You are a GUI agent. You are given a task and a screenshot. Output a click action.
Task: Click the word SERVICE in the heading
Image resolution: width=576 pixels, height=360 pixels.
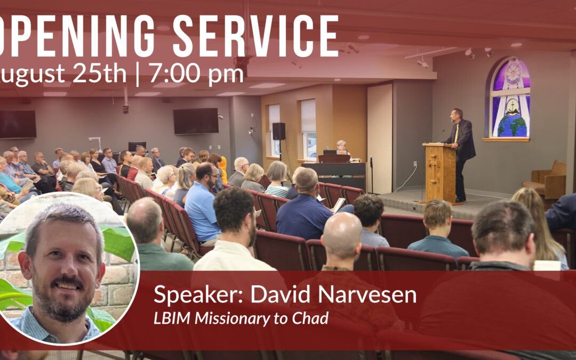[x=255, y=36]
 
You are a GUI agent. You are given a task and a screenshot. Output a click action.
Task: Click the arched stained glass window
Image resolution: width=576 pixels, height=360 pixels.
[x=510, y=98]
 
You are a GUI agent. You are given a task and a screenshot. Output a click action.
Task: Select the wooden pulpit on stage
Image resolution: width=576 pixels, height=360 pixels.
[x=439, y=172]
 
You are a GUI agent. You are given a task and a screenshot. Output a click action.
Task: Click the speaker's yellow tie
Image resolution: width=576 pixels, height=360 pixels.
[x=456, y=133]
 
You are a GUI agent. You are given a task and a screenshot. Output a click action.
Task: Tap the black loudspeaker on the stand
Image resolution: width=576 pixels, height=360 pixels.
[x=279, y=131]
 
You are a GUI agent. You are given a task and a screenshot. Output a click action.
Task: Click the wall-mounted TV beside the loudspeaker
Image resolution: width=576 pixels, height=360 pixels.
[x=196, y=121]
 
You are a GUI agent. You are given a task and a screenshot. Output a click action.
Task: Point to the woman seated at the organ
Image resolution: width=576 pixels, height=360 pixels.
[x=341, y=148]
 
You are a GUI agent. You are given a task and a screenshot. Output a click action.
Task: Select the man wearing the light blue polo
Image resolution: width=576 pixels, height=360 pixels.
[x=203, y=206]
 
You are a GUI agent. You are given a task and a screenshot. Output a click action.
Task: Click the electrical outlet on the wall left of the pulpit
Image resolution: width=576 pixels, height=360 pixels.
[x=415, y=164]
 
